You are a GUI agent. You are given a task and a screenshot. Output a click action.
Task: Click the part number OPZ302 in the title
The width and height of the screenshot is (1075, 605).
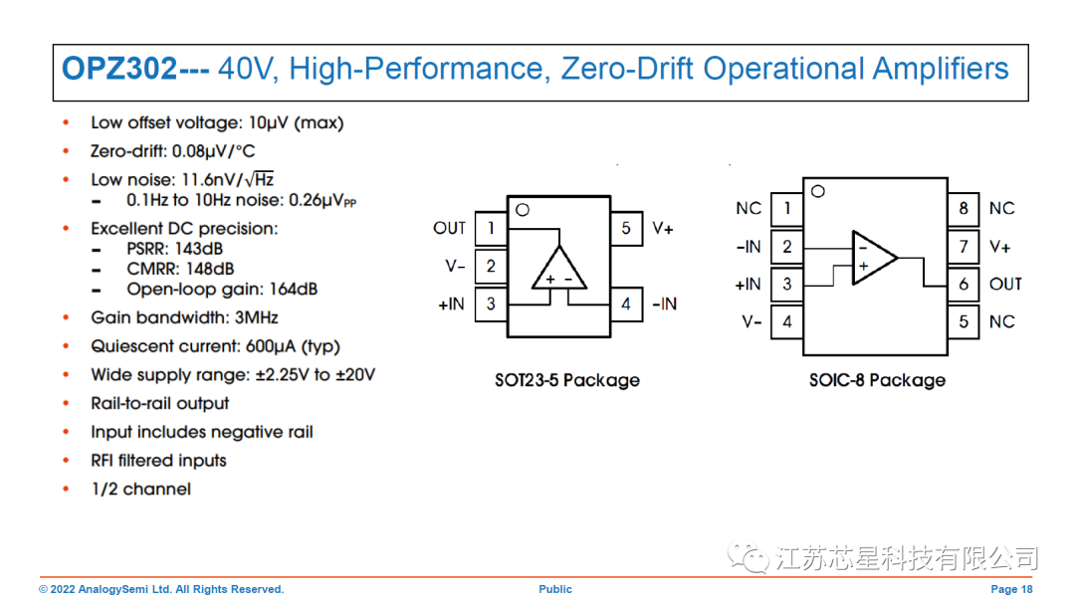click(119, 69)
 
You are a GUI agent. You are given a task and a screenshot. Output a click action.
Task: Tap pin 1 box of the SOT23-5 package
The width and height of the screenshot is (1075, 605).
click(491, 229)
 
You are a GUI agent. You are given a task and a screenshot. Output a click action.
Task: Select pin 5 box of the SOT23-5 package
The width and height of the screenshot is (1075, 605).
click(625, 229)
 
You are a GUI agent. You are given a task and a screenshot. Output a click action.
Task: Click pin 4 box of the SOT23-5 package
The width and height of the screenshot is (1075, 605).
click(625, 303)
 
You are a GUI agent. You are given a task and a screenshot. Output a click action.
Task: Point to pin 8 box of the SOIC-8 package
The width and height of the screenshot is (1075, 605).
click(963, 208)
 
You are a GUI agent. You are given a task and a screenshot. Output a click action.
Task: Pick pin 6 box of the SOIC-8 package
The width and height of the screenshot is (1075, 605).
click(963, 284)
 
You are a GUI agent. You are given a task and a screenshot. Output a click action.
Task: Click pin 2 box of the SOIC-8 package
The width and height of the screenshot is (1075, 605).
click(787, 247)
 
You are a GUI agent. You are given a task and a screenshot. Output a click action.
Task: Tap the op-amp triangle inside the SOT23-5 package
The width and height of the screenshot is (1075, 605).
click(558, 268)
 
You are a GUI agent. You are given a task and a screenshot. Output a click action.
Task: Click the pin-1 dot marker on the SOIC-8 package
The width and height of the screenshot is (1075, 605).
click(818, 191)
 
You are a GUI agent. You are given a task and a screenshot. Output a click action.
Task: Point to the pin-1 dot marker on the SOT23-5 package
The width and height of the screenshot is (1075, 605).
click(522, 210)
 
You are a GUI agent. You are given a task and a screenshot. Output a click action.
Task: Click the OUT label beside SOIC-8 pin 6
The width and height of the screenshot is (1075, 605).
click(1005, 284)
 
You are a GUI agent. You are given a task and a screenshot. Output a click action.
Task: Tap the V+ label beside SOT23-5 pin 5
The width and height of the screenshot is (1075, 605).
click(663, 229)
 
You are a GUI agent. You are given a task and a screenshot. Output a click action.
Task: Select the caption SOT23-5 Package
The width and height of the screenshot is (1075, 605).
click(567, 380)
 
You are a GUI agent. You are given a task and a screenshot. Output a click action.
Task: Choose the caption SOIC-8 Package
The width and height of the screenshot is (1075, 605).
click(877, 380)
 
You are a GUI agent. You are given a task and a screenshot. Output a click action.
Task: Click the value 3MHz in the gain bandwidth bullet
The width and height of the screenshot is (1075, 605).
click(255, 317)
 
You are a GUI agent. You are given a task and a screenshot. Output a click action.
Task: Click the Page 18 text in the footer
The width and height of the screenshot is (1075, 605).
click(1011, 589)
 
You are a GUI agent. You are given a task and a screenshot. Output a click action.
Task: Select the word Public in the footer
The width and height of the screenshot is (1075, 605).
click(555, 589)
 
